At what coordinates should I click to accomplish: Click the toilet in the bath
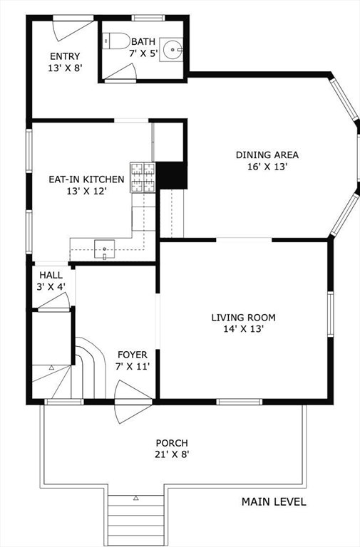pyautogui.click(x=116, y=41)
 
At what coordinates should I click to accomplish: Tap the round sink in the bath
pyautogui.click(x=171, y=50)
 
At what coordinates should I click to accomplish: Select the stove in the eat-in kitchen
pyautogui.click(x=143, y=177)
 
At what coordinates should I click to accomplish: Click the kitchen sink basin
pyautogui.click(x=104, y=249)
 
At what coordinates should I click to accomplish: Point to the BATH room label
pyautogui.click(x=143, y=41)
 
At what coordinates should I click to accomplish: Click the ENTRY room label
pyautogui.click(x=65, y=56)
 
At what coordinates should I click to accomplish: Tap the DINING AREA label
pyautogui.click(x=267, y=155)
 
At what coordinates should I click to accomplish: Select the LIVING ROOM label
pyautogui.click(x=243, y=318)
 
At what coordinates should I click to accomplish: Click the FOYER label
pyautogui.click(x=133, y=355)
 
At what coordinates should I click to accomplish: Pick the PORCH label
pyautogui.click(x=172, y=443)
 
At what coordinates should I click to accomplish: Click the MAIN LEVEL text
pyautogui.click(x=274, y=501)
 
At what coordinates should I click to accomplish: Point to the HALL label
pyautogui.click(x=51, y=275)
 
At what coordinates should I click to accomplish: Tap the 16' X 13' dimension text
pyautogui.click(x=267, y=167)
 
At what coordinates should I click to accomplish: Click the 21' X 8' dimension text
pyautogui.click(x=172, y=454)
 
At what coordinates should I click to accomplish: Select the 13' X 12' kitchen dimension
pyautogui.click(x=86, y=191)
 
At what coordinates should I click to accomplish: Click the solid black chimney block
pyautogui.click(x=171, y=175)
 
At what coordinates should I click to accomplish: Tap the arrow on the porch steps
pyautogui.click(x=136, y=498)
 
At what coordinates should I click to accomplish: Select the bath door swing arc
pyautogui.click(x=120, y=72)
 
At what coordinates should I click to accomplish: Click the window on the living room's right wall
pyautogui.click(x=330, y=314)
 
